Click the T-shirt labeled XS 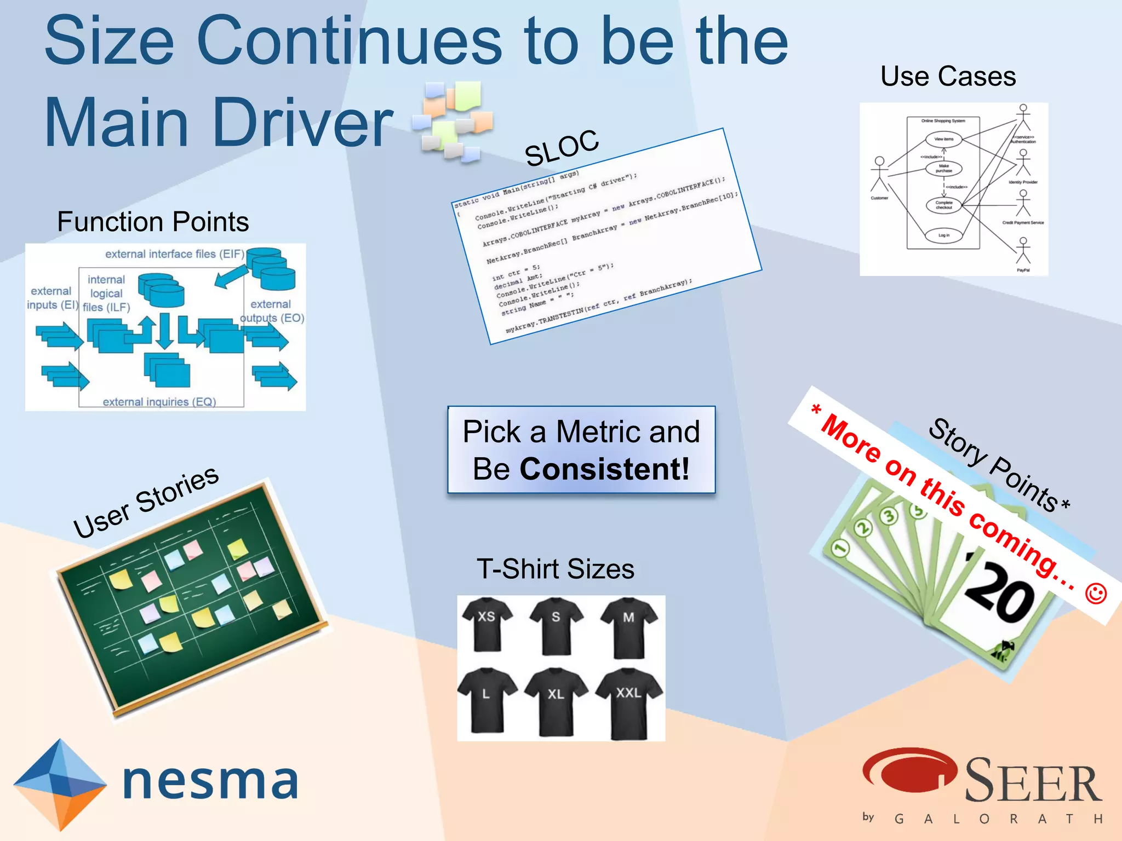pos(486,624)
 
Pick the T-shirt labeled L pos(486,701)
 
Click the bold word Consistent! pos(604,469)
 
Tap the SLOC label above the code pos(562,148)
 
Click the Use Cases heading pos(948,76)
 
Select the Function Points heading pos(153,222)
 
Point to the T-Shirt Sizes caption pos(556,569)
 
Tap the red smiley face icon pos(1096,594)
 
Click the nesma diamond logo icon pos(60,783)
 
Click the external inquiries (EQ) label pos(159,402)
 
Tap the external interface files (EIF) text pos(175,254)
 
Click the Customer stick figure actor pos(879,174)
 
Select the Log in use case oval pos(943,235)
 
